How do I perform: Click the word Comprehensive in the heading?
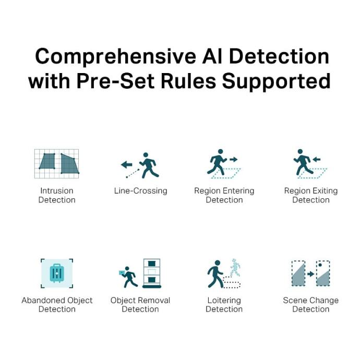(x=115, y=57)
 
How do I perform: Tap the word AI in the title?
(x=212, y=56)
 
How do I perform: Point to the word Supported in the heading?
(x=276, y=82)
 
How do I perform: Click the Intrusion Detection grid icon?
(x=56, y=164)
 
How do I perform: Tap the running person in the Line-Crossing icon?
(x=149, y=165)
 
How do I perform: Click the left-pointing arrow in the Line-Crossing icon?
(x=126, y=164)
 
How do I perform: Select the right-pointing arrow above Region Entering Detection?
(x=233, y=159)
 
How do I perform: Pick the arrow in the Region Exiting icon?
(x=316, y=159)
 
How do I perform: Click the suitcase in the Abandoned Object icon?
(x=57, y=273)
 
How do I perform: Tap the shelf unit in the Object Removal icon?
(x=152, y=273)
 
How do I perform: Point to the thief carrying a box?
(x=128, y=277)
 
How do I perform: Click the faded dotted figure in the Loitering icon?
(x=235, y=268)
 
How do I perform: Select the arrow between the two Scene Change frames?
(x=310, y=274)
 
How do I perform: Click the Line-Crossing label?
(x=140, y=191)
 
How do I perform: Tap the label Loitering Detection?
(x=224, y=305)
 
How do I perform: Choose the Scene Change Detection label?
(x=310, y=305)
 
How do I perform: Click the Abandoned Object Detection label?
(x=57, y=305)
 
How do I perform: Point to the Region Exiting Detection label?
(x=311, y=195)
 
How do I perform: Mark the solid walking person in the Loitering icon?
(x=215, y=274)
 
